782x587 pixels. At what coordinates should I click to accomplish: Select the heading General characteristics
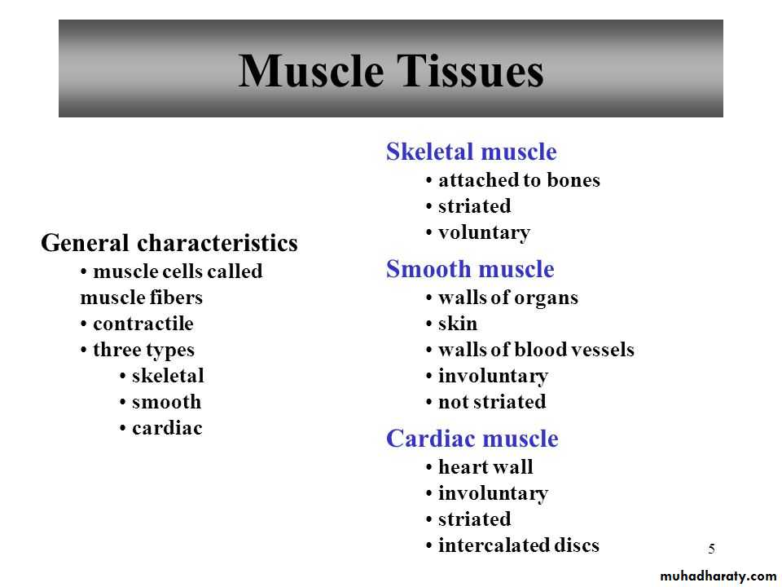click(169, 243)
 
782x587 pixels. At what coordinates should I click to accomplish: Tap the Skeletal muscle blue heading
click(472, 152)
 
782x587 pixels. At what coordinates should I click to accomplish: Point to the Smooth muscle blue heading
click(470, 268)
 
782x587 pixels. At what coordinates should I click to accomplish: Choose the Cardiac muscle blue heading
click(472, 439)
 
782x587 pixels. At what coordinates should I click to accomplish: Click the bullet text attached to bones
click(519, 179)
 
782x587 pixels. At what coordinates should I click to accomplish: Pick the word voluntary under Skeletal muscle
click(484, 232)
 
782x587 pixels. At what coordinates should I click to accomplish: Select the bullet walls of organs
click(508, 298)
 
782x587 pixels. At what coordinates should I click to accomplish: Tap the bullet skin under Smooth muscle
click(458, 324)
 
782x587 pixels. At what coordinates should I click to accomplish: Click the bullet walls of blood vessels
click(536, 350)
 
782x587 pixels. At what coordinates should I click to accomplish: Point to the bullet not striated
click(492, 402)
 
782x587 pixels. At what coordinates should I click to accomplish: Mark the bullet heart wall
click(485, 466)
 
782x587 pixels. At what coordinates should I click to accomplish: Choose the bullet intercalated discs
click(519, 545)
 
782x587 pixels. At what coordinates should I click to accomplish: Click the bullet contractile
click(143, 324)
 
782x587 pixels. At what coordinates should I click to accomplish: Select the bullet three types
click(143, 351)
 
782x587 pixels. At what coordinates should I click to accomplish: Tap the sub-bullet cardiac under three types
click(167, 428)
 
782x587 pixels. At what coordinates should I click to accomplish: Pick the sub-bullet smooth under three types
click(166, 402)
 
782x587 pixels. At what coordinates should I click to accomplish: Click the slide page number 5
click(712, 549)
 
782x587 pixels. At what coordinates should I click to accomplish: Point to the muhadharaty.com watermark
click(718, 576)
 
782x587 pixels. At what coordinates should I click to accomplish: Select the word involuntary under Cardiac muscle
click(494, 494)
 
